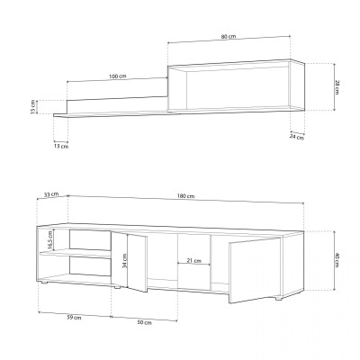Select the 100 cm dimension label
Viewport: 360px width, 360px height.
pos(116,76)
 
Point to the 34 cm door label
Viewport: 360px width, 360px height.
pos(124,262)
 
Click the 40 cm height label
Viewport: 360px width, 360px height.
pos(337,261)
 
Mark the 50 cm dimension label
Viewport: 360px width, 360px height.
pos(143,322)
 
